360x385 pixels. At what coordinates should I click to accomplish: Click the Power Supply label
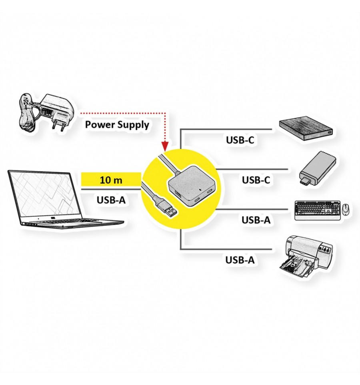tap(117, 125)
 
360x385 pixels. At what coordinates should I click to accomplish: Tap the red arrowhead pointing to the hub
tap(165, 147)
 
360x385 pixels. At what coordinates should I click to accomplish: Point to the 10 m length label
tap(111, 180)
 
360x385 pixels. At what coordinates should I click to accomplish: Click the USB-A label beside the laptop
tap(111, 200)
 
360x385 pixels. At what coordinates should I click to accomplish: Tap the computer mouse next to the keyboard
tap(346, 209)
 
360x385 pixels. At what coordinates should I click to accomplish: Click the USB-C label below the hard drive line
tap(240, 140)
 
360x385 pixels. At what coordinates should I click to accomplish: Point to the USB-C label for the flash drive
tap(256, 180)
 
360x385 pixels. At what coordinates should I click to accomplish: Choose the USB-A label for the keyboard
tap(256, 220)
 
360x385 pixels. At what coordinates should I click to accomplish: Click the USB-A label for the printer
tap(240, 260)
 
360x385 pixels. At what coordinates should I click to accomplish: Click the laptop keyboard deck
tap(71, 222)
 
